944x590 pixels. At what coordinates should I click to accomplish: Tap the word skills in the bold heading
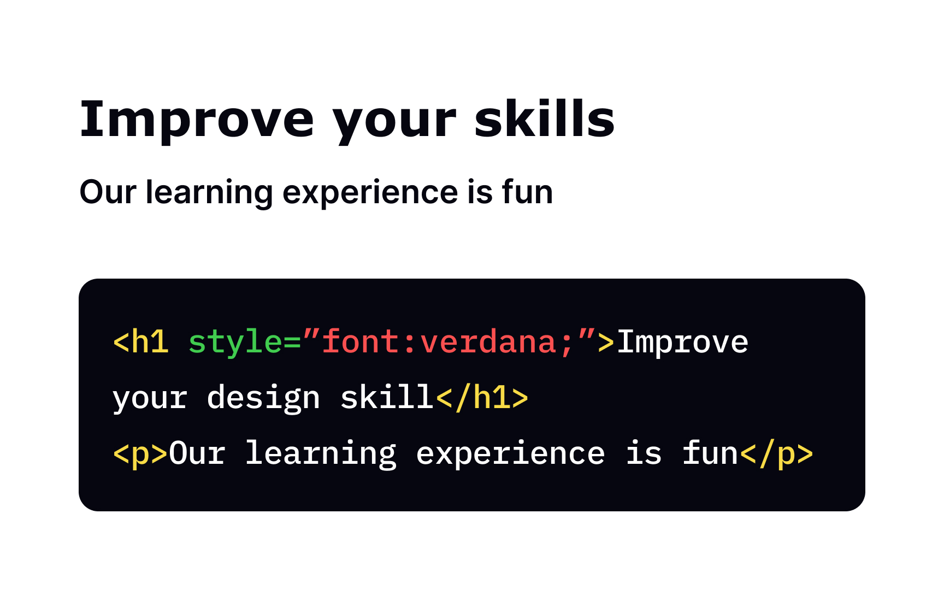coord(544,120)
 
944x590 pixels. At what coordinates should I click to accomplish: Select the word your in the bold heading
coord(394,123)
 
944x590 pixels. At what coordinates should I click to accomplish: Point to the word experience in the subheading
coord(370,193)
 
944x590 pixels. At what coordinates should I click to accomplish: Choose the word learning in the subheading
coord(209,193)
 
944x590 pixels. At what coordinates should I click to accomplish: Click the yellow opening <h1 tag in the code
coord(140,343)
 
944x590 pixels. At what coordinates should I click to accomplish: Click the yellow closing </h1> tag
coord(482,397)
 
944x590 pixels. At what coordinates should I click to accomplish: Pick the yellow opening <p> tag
coord(140,454)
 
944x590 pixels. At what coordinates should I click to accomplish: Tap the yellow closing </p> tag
coord(776,454)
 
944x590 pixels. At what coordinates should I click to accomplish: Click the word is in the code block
coord(644,454)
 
